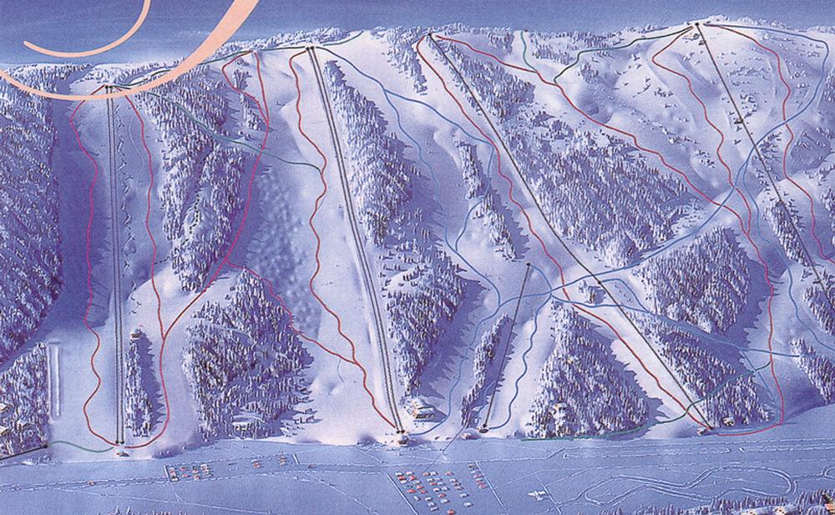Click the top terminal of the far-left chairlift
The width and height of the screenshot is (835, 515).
coord(109,86)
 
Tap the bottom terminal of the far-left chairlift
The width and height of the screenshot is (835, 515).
coord(122,442)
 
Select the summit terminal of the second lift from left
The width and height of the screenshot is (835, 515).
coord(311,49)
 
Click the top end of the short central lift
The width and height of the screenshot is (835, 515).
coord(529,265)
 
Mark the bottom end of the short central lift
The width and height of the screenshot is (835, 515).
coord(484,430)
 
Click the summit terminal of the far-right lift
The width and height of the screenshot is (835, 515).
coord(698,28)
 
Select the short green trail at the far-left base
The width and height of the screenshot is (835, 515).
coord(83,448)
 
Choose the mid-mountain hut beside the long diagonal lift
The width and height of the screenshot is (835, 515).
coord(594,293)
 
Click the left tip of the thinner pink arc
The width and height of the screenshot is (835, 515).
coord(4,71)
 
